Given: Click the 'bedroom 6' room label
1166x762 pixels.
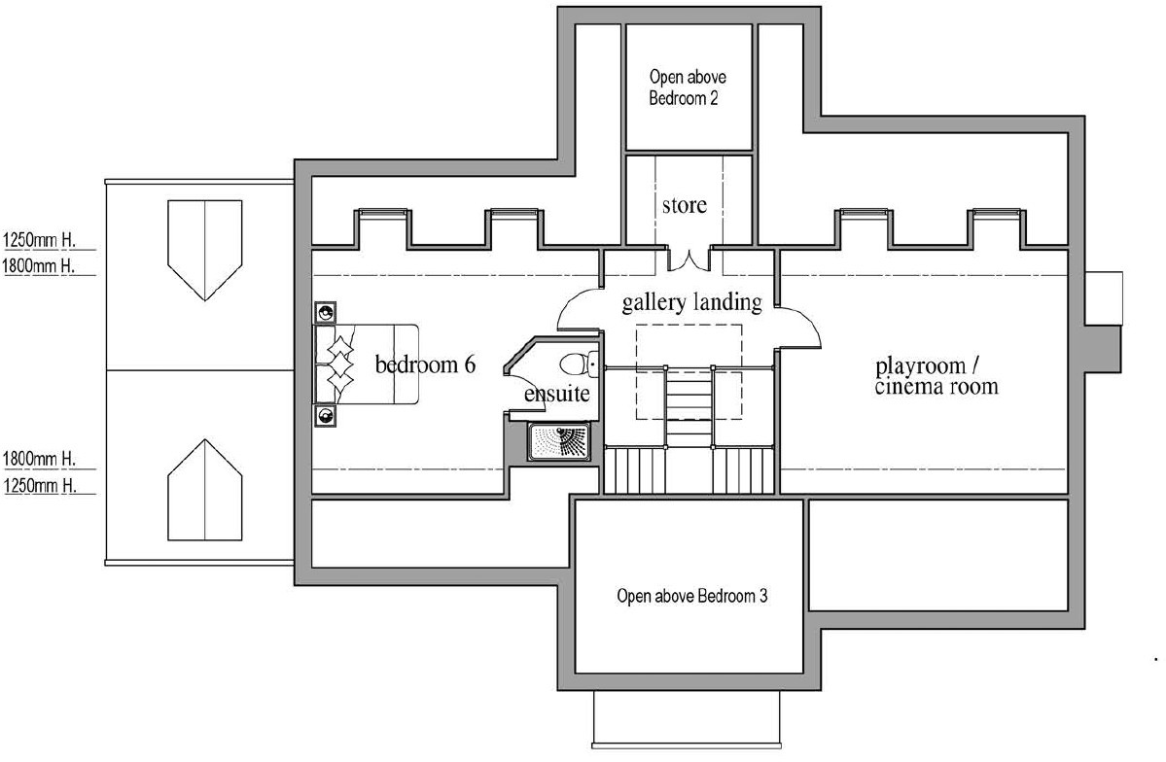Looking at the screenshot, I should click(x=425, y=365).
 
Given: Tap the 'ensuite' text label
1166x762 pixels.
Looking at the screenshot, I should click(x=555, y=395).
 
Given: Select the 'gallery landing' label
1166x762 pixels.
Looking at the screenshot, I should click(x=691, y=302).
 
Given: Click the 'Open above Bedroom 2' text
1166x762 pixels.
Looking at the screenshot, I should click(x=689, y=87).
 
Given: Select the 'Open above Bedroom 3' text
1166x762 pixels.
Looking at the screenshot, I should click(x=691, y=596).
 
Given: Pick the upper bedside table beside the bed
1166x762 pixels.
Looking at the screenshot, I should click(x=326, y=313).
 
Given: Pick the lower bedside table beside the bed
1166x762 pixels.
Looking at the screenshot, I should click(x=326, y=416).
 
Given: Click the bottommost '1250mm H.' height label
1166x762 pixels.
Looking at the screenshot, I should click(x=40, y=485).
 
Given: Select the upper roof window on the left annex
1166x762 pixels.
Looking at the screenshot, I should click(x=204, y=250).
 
